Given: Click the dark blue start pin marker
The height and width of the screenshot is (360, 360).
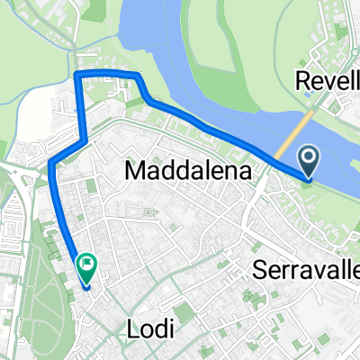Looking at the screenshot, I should pos(309,162).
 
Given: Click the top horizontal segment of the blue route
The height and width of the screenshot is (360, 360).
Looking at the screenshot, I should pos(106,72).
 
